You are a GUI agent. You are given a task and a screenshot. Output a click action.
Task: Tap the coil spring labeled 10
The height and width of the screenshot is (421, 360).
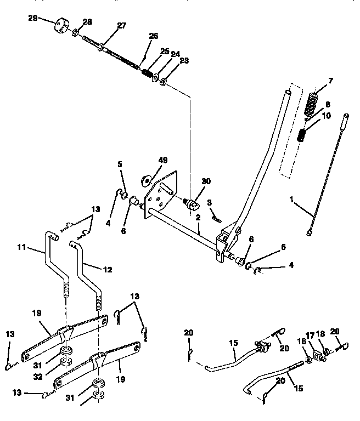(x=302, y=135)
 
